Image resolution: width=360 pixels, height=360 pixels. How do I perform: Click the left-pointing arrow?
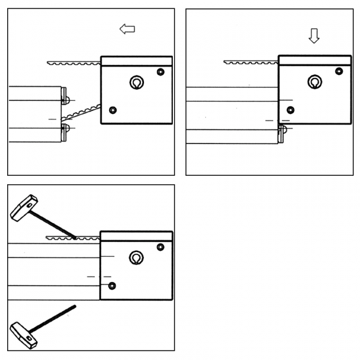coord(127,29)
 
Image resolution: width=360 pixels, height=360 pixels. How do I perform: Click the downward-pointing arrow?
coord(313,36)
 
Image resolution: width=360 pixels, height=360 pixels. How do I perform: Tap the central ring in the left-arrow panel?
coord(136,83)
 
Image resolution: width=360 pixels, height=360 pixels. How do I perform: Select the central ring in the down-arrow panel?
coord(313,82)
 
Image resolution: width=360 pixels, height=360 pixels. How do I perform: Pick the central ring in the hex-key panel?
coord(136,258)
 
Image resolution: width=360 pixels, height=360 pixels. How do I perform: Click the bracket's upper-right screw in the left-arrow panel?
coord(160,72)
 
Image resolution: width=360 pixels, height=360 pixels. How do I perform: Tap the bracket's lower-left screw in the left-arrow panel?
coord(113,109)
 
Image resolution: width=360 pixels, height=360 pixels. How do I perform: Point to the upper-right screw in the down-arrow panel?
coord(339,71)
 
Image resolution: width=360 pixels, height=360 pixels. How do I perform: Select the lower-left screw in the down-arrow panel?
coord(291,109)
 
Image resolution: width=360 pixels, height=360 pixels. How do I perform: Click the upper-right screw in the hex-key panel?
coord(160,247)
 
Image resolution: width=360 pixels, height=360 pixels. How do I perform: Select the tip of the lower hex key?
coord(75,307)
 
